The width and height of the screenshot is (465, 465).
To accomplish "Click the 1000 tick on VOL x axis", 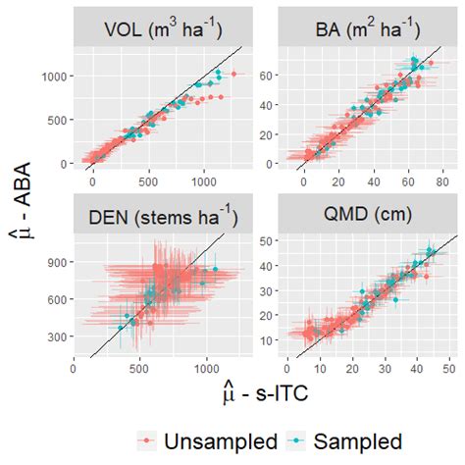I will coord(204,181).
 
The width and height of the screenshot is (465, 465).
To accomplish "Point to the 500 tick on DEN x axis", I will coord(139,370).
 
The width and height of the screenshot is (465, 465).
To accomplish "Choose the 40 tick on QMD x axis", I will coord(416,370).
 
